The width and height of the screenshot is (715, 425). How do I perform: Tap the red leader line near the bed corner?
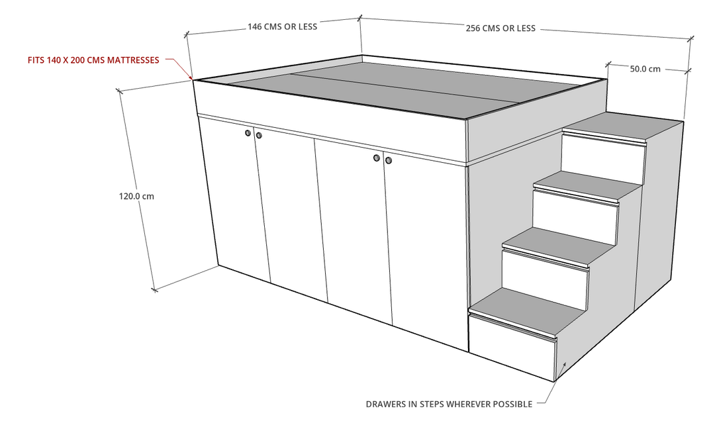tap(180, 68)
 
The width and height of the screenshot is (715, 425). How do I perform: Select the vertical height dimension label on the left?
tap(136, 196)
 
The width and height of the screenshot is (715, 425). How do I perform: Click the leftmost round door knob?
tap(248, 134)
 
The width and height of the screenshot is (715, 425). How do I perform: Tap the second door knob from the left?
tap(259, 136)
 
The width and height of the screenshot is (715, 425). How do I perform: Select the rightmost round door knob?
tap(388, 160)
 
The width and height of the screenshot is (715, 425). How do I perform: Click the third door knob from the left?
tap(376, 158)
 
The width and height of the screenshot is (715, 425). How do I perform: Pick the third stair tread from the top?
tap(559, 243)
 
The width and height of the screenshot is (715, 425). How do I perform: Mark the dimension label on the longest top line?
tap(501, 29)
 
